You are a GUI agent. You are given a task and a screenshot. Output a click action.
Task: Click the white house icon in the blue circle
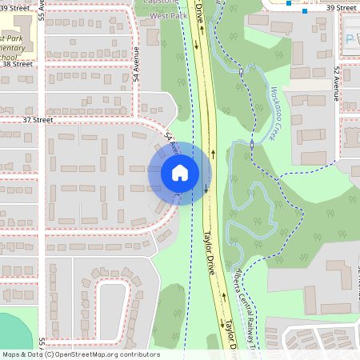pos(180,173)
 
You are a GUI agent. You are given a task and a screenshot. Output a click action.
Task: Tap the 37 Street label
pos(38,120)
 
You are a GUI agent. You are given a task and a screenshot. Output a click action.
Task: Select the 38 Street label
pos(18,64)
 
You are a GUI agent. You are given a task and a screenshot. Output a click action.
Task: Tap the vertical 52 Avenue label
pos(337,84)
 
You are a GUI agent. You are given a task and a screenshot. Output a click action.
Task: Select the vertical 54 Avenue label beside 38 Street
pos(137,69)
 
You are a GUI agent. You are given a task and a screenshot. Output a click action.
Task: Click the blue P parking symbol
pos(349,38)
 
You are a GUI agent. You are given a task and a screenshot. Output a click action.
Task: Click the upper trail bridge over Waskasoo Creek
pos(240,71)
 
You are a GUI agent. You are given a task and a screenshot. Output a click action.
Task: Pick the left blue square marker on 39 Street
pos(289,2)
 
